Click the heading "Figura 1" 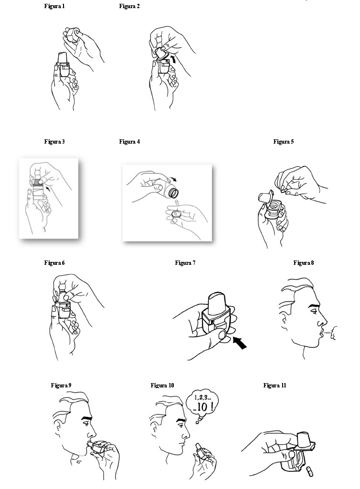click(x=54, y=6)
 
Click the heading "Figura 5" click(x=284, y=142)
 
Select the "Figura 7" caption click(x=185, y=263)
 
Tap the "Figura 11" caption click(x=275, y=385)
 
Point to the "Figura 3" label click(x=54, y=142)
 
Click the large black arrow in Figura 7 click(x=240, y=343)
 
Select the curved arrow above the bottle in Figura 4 click(x=172, y=179)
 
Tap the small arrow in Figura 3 click(x=47, y=188)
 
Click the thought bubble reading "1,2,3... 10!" click(x=202, y=404)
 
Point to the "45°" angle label click(x=79, y=462)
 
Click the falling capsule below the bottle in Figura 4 click(x=176, y=202)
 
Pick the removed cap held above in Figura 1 click(x=72, y=35)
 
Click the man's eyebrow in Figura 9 click(x=86, y=417)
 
